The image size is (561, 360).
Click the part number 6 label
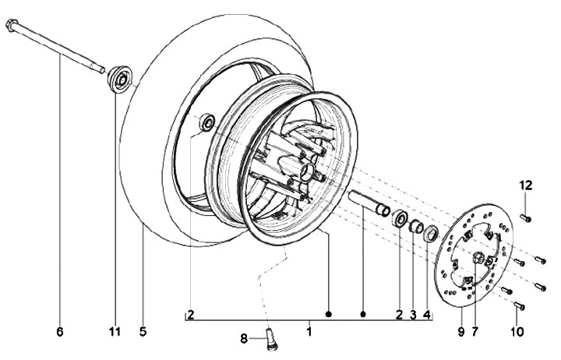59,331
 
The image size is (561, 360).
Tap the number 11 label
115,331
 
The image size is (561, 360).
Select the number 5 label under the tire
143,331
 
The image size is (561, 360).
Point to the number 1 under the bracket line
309,331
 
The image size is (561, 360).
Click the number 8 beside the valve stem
244,338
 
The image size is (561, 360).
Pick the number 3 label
413,316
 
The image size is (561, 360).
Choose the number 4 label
427,316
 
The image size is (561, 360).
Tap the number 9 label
460,331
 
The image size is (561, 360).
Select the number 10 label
518,331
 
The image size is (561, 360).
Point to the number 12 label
526,185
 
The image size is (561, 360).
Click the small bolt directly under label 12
526,217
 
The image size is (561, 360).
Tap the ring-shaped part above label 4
429,232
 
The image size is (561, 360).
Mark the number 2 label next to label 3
400,316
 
